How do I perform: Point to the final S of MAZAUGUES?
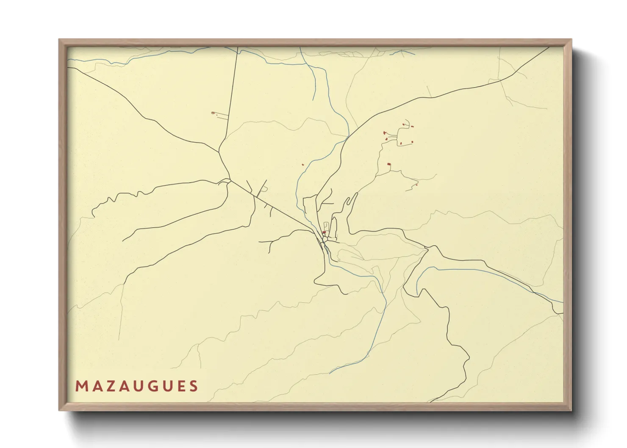(194, 386)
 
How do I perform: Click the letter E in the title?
(180, 386)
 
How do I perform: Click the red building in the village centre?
(324, 232)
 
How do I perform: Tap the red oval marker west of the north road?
(213, 113)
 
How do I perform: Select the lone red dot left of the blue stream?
(303, 165)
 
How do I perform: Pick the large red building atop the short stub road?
(389, 164)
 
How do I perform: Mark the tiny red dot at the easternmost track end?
(417, 185)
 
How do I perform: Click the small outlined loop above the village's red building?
(325, 225)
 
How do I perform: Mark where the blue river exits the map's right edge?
(563, 302)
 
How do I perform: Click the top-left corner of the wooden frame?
(59, 40)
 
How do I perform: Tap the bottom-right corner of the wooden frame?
(571, 410)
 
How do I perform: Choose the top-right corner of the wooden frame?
(571, 40)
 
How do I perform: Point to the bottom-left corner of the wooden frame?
(59, 410)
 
